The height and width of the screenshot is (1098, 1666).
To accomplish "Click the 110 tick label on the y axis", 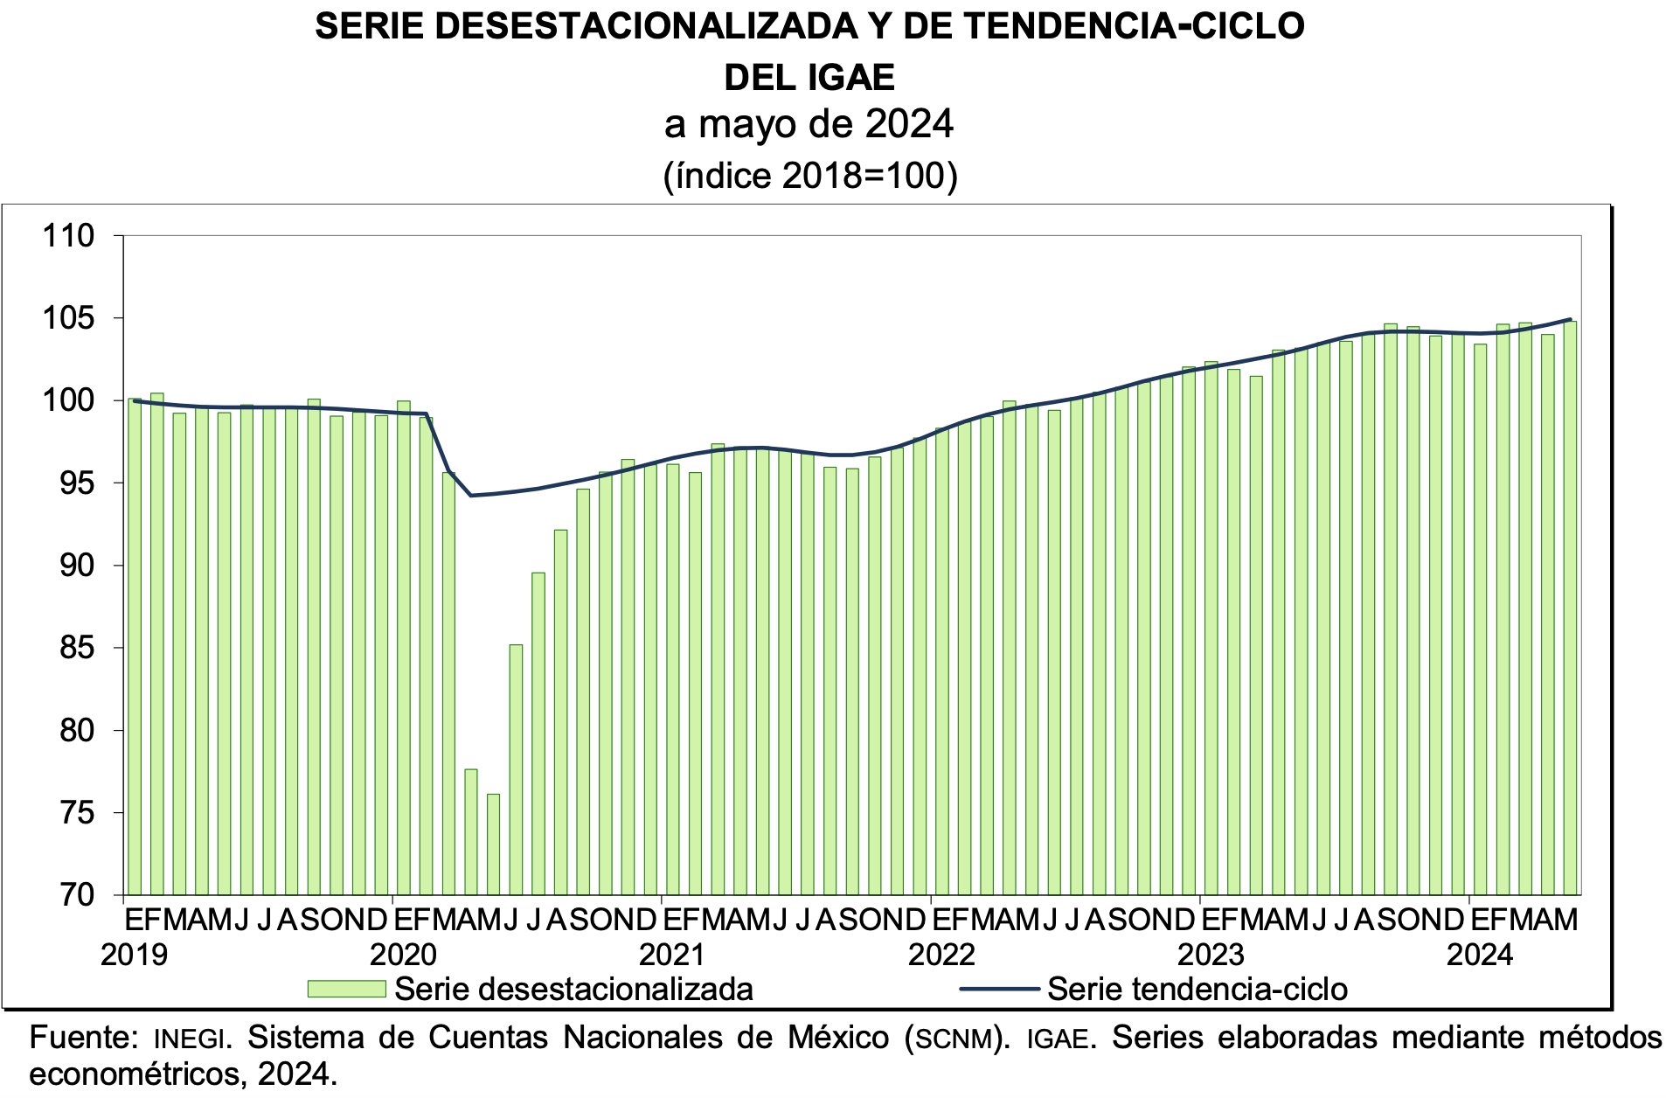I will [x=68, y=236].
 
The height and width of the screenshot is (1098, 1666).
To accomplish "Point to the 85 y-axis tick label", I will [x=77, y=649].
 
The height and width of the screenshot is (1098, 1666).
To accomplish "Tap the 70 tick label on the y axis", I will [x=77, y=895].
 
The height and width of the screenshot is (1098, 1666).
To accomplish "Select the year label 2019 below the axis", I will [x=134, y=955].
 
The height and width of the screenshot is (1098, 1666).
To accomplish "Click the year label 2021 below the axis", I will [x=672, y=955].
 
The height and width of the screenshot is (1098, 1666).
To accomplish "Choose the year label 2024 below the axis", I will [x=1480, y=955].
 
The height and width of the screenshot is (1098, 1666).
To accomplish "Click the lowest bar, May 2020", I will [x=493, y=844].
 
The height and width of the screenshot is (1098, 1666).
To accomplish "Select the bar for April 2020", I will [x=471, y=832].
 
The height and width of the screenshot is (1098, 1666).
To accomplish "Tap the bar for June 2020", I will [x=516, y=769].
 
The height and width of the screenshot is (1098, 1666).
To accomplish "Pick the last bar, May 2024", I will [x=1570, y=608].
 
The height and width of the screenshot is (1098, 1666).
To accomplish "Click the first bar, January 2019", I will [x=135, y=647].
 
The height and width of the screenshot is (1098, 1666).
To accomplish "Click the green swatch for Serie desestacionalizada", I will [x=346, y=989].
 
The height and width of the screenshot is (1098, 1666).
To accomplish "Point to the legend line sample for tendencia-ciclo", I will [x=999, y=989].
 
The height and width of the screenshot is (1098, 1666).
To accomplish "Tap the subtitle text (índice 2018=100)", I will [x=810, y=176].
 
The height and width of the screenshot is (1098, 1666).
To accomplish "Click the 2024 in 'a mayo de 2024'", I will [x=909, y=124].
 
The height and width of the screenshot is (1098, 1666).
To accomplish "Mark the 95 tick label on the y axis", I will [x=77, y=483].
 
